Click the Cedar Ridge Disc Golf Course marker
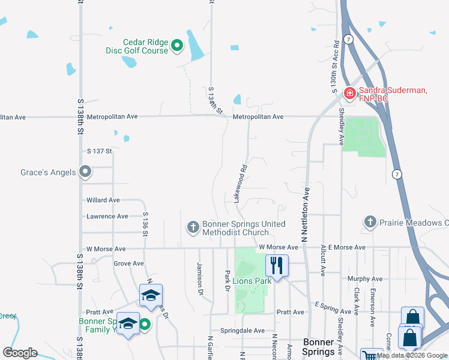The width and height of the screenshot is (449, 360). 177,45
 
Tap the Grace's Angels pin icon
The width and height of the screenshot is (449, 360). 86,173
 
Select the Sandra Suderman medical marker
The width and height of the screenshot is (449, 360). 349,93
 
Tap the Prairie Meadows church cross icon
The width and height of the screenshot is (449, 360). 370,223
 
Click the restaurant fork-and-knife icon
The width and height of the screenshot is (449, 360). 277,265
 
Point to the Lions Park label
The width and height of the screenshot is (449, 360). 252,280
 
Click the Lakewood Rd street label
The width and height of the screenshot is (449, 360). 241,184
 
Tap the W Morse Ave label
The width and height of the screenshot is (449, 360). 106,248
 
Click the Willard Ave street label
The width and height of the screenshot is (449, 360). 103,200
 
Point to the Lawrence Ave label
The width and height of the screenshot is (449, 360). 107,216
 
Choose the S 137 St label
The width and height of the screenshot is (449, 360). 100,151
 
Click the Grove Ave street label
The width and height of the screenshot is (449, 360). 128,263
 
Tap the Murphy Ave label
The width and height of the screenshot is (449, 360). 365,279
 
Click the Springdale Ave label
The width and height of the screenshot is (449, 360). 242,331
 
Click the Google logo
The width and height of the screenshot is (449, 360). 20,353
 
